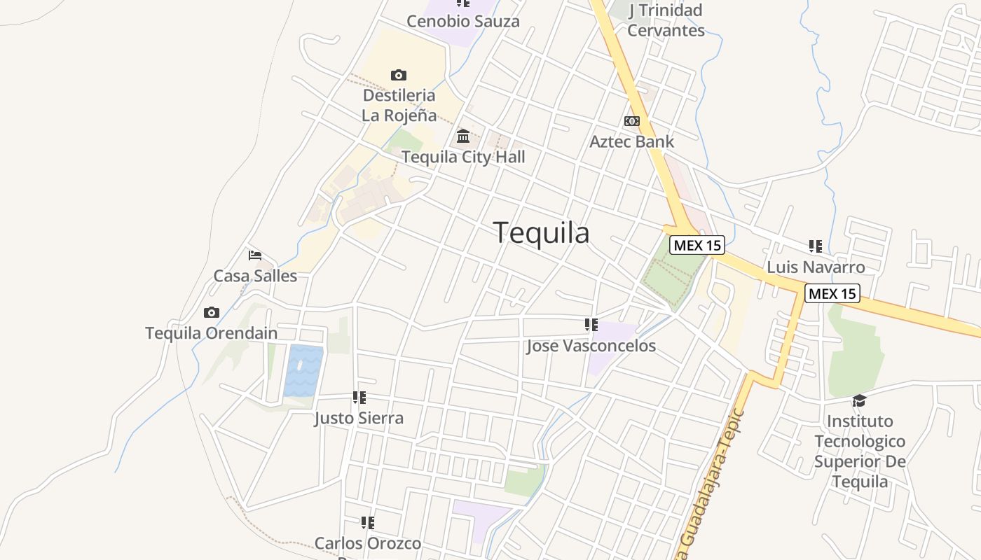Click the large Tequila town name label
click(541, 233)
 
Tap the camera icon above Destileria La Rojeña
click(399, 75)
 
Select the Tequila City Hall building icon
click(463, 136)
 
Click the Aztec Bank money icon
click(632, 121)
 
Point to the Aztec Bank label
click(632, 141)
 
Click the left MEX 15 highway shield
click(697, 246)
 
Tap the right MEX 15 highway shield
click(832, 293)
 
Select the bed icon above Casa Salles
click(255, 255)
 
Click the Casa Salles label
click(255, 276)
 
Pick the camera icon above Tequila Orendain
click(211, 313)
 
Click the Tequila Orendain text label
click(211, 333)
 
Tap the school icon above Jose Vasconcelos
click(591, 325)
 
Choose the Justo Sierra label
click(359, 419)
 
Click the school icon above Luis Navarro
click(816, 246)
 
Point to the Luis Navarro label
click(816, 267)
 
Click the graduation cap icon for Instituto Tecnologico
click(859, 400)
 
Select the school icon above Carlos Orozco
click(368, 523)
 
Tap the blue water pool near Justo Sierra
click(303, 370)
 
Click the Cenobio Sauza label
click(463, 21)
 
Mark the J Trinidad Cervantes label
click(666, 20)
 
